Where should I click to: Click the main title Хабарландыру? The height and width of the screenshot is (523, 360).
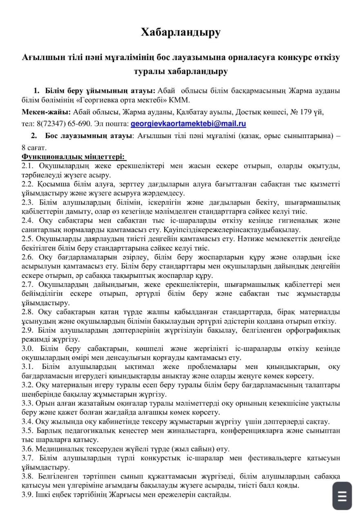click(180, 32)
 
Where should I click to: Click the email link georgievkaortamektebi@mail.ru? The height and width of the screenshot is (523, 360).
click(188, 123)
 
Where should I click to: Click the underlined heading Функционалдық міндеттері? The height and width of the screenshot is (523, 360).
click(74, 157)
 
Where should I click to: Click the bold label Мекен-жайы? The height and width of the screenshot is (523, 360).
click(45, 112)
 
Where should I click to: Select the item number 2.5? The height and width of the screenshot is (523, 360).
click(27, 239)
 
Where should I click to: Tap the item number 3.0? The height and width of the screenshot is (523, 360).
click(27, 349)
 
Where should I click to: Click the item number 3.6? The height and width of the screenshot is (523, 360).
click(27, 449)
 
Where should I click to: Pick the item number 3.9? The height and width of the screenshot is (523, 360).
click(27, 494)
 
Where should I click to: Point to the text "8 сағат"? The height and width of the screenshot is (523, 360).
click(34, 147)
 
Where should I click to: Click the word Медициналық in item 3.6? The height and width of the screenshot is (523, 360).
click(60, 449)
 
